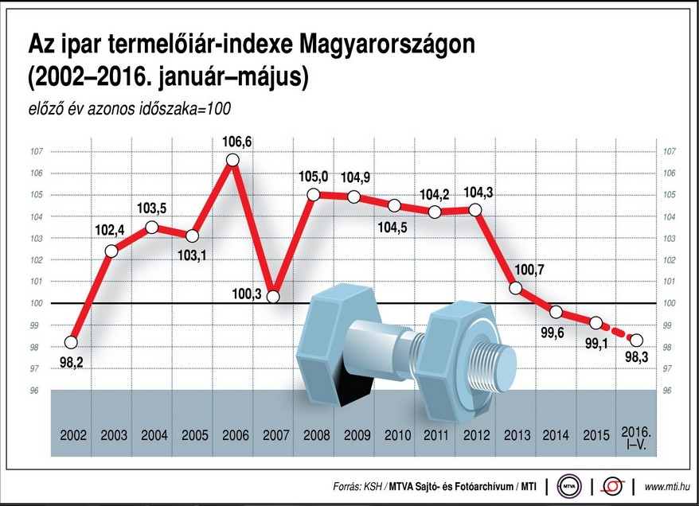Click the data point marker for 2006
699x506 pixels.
point(232,160)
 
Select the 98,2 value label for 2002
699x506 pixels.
point(70,361)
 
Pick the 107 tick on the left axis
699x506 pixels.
point(35,151)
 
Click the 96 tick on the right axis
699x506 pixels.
point(668,391)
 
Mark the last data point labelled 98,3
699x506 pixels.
point(636,340)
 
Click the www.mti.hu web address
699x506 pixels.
point(667,486)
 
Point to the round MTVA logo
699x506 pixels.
point(568,485)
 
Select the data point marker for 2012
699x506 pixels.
point(475,210)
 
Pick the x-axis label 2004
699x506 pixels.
point(154,436)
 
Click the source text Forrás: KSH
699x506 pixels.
point(357,486)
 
